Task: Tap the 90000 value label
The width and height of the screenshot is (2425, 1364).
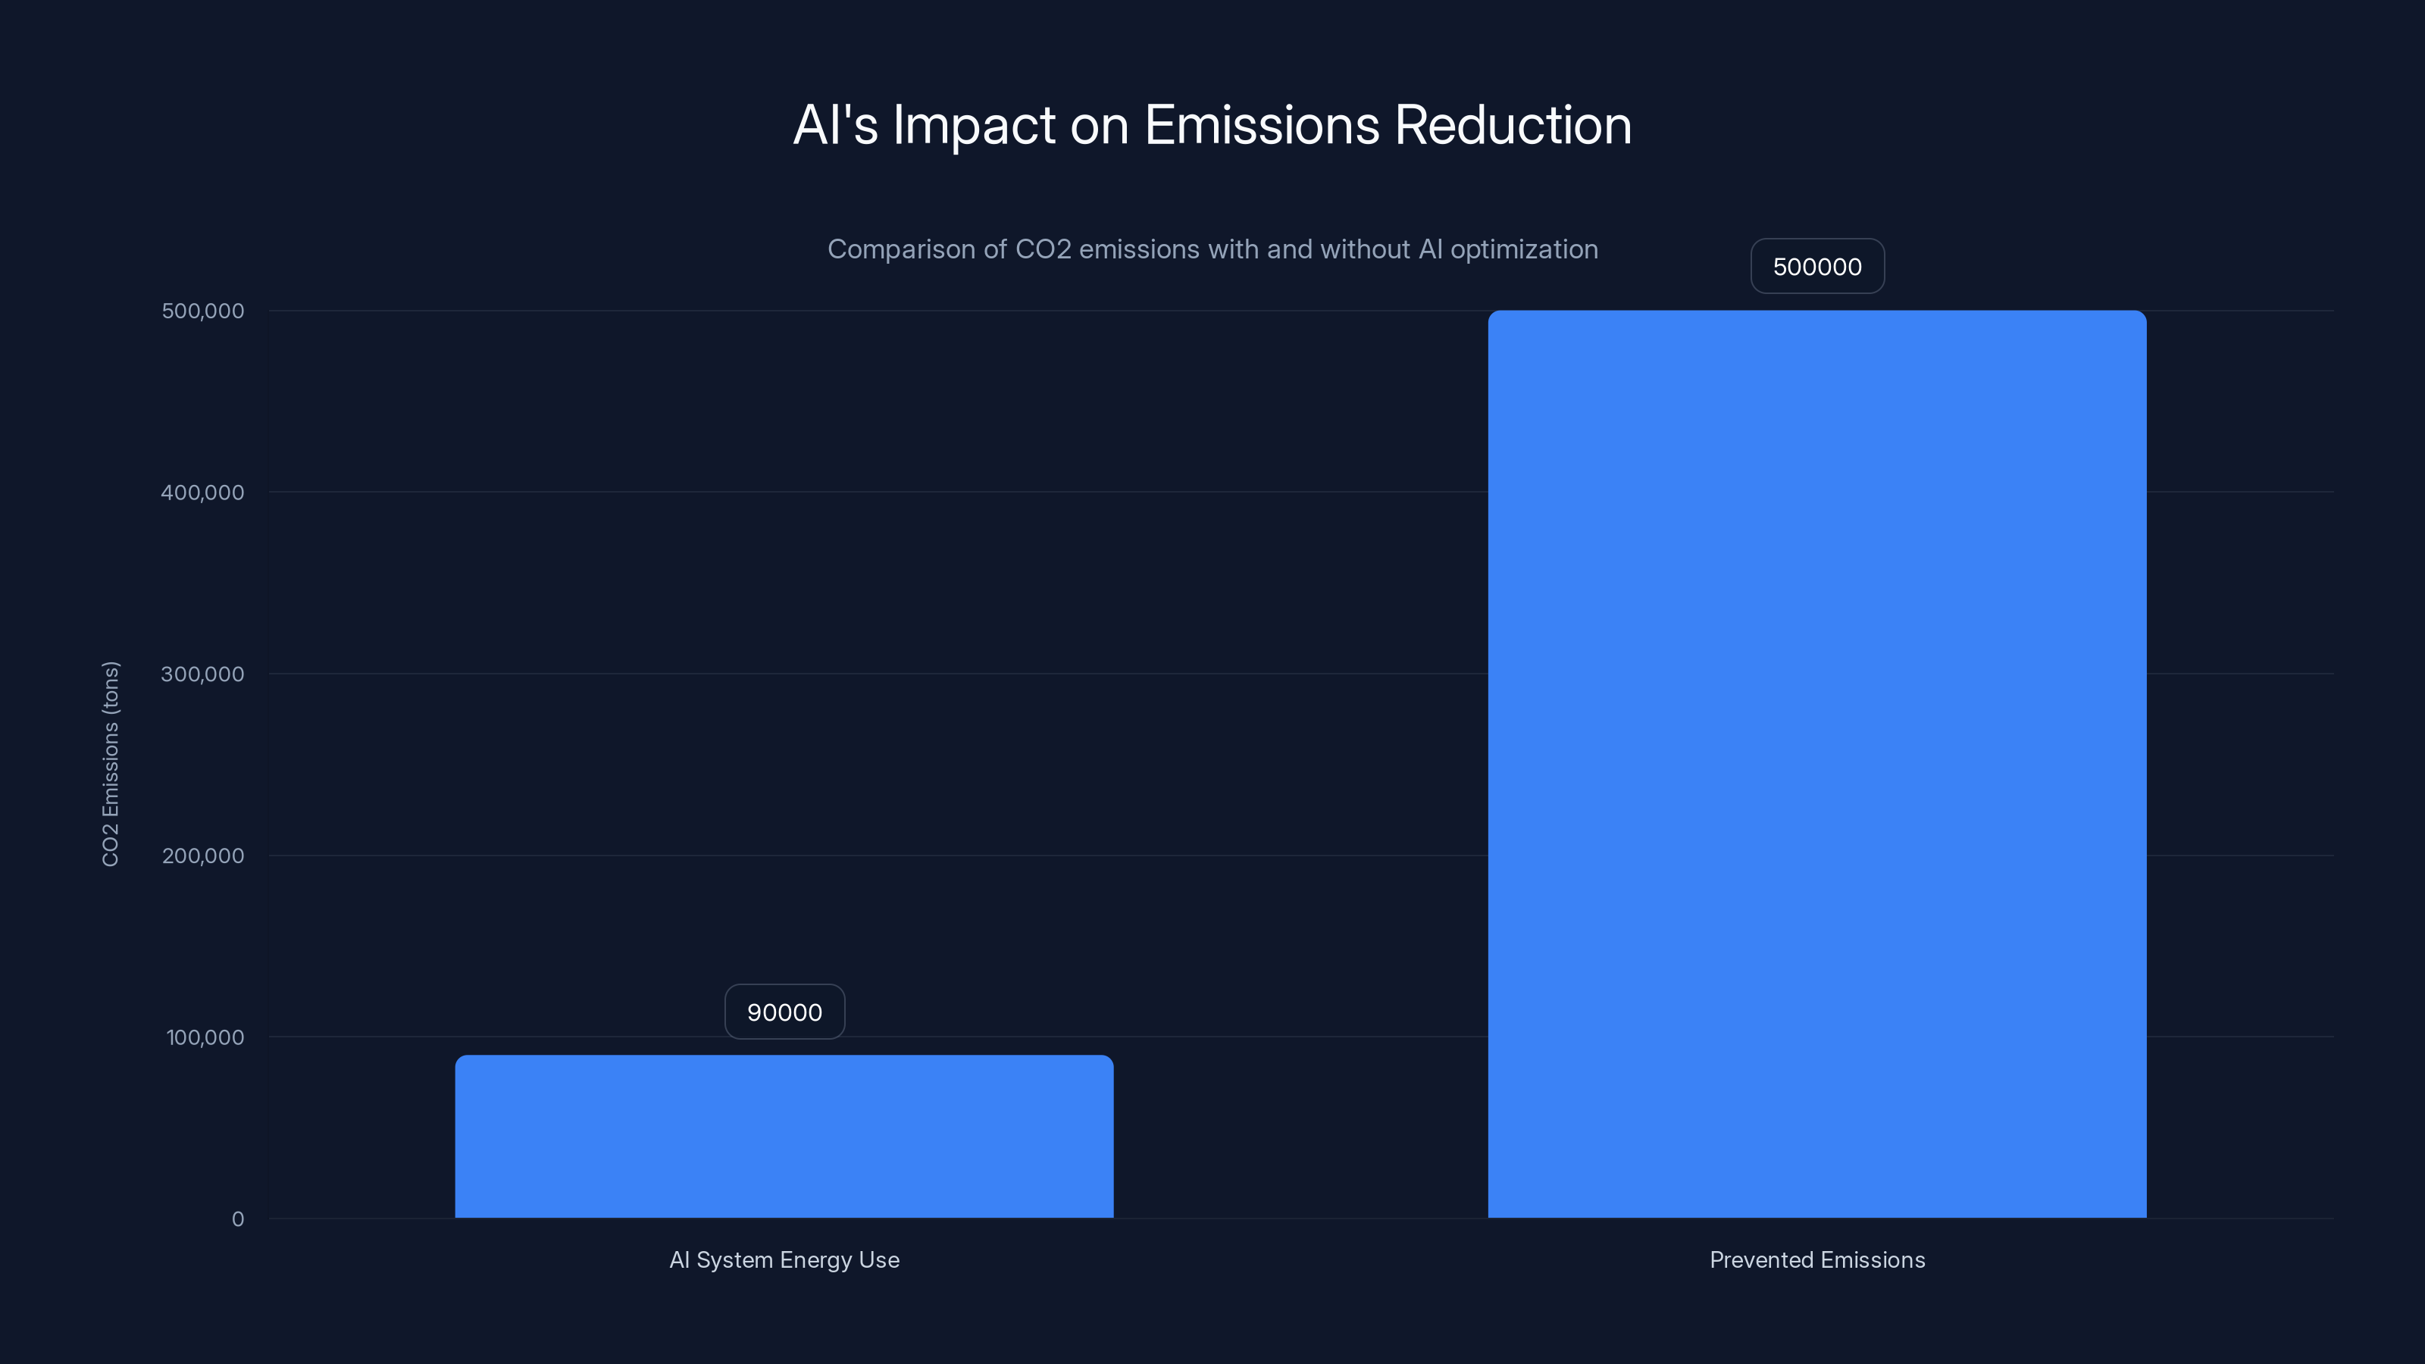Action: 784,1012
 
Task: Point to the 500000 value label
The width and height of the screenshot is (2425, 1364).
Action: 1817,267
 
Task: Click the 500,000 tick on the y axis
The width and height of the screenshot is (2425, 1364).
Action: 202,311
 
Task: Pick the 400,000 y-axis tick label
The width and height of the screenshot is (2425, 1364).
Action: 202,493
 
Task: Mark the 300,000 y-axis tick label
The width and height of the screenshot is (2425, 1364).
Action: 202,674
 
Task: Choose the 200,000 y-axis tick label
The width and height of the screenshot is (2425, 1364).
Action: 202,856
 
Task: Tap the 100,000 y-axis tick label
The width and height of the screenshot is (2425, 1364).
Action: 205,1037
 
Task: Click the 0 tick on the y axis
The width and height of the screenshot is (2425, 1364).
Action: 237,1219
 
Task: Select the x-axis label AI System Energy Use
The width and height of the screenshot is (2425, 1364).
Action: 784,1259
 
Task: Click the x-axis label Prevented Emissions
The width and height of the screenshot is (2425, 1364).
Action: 1817,1259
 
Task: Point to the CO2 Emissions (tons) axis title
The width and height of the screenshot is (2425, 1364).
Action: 110,763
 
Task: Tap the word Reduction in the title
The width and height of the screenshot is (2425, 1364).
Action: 1513,125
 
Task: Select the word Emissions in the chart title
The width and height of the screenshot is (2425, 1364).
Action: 1262,125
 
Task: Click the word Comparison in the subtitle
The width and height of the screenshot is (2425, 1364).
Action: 901,249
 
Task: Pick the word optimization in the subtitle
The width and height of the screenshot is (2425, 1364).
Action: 1523,249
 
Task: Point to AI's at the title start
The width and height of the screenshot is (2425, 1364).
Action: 835,125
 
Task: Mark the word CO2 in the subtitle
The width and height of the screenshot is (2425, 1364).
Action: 1042,249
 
